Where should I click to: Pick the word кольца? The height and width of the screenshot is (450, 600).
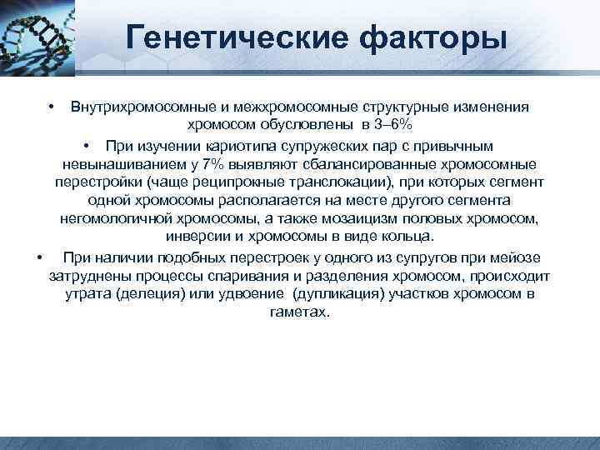point(412,237)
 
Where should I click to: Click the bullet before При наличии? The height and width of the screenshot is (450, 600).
point(40,257)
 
